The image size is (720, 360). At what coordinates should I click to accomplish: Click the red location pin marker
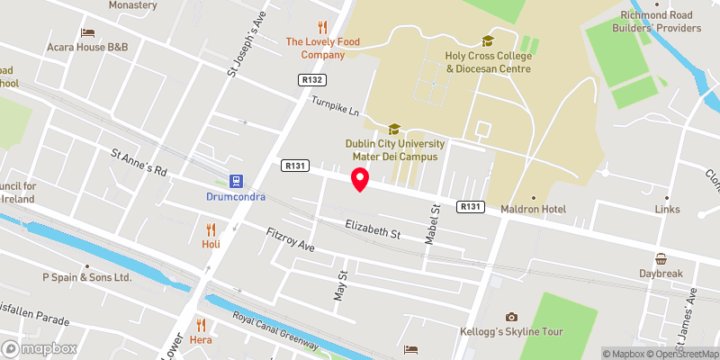click(359, 179)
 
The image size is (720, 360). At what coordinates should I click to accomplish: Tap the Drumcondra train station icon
click(236, 181)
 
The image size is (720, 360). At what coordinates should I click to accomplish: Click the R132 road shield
click(311, 80)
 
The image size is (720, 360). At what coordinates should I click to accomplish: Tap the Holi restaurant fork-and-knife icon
click(211, 229)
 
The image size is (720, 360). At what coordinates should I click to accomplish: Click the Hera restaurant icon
click(202, 326)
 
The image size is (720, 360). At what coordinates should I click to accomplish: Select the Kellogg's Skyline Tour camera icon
click(511, 317)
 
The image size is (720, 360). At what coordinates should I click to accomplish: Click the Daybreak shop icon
click(661, 258)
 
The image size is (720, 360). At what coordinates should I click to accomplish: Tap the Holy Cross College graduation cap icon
click(488, 40)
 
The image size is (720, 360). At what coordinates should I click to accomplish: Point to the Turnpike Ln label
click(335, 107)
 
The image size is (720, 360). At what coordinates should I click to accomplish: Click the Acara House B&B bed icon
click(87, 32)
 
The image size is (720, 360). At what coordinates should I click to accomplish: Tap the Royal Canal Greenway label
click(275, 329)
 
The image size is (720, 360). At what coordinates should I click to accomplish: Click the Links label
click(667, 210)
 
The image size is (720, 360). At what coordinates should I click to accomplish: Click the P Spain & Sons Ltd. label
click(87, 277)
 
